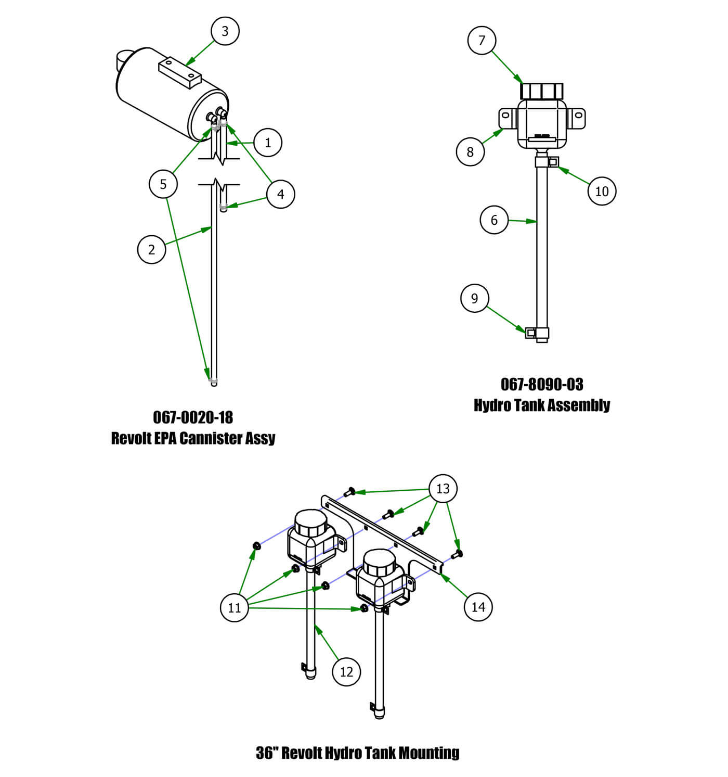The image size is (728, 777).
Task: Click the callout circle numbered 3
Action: pos(225,31)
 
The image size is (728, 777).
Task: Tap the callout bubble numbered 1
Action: pos(268,143)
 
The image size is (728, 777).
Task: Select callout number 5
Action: pos(163,184)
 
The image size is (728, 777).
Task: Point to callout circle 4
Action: pos(281,194)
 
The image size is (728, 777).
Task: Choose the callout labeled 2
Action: pos(151,249)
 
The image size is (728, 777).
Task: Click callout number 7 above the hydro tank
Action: pos(482,40)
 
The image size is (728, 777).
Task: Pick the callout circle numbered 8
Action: pos(470,151)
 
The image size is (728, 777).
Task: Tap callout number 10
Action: pos(602,191)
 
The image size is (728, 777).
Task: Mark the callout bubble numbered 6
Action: pos(494,220)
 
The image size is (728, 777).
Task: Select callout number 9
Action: pos(474,298)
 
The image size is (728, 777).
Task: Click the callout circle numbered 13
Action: pos(443,489)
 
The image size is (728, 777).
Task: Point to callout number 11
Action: pos(235,607)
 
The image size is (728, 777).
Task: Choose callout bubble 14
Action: pos(478,606)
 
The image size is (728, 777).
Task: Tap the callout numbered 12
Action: pos(346,672)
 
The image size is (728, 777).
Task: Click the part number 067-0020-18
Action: pos(193,417)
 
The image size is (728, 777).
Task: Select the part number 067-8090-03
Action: pos(542,385)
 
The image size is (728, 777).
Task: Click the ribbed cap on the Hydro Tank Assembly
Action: pos(542,91)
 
